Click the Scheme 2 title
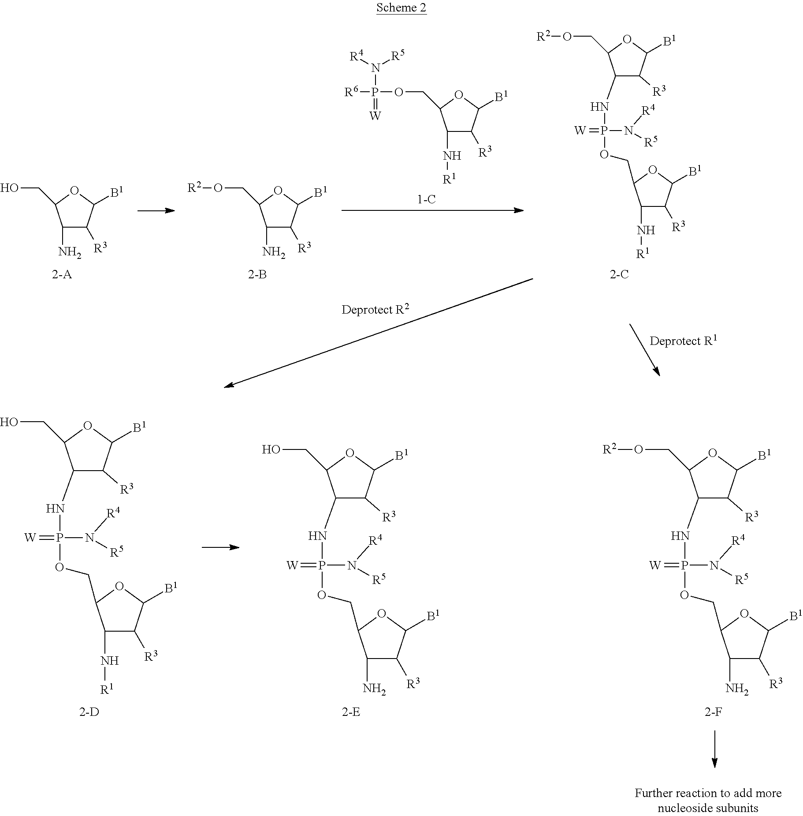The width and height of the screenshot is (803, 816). (x=401, y=8)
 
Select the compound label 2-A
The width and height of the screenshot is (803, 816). (x=62, y=274)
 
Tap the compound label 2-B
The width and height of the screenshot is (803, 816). (x=257, y=274)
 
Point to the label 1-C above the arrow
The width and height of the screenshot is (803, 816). (x=426, y=199)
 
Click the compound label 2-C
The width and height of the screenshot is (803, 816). (x=619, y=274)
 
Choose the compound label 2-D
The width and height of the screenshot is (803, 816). (x=89, y=712)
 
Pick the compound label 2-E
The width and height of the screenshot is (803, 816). (x=351, y=712)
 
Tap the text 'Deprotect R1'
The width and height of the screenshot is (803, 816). (x=684, y=340)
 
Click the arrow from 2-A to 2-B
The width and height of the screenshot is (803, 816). (x=156, y=211)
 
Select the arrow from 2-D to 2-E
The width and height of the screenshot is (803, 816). (x=220, y=548)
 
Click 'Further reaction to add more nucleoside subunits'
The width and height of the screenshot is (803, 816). (x=708, y=800)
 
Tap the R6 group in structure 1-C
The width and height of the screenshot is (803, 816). (x=351, y=91)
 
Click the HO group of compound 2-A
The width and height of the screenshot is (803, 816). (x=9, y=188)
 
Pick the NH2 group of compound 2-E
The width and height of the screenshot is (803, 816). (x=374, y=689)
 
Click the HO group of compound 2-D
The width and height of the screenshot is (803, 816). (x=9, y=422)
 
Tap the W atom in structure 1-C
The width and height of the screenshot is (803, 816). (x=375, y=116)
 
